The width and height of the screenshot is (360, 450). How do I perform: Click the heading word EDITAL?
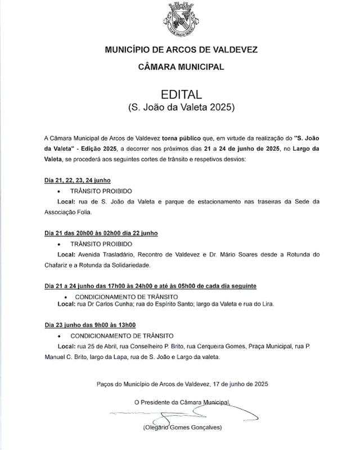coord(181,93)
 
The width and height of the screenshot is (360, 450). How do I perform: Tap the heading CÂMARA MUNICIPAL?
coord(181,67)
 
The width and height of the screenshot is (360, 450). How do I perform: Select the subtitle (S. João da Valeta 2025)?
coord(181,106)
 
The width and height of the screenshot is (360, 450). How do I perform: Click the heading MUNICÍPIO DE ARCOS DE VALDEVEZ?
coord(181,50)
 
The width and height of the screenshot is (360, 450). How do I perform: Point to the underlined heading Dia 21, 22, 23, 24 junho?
coord(77,182)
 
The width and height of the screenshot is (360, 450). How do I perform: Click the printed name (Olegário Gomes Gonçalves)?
coord(182,429)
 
